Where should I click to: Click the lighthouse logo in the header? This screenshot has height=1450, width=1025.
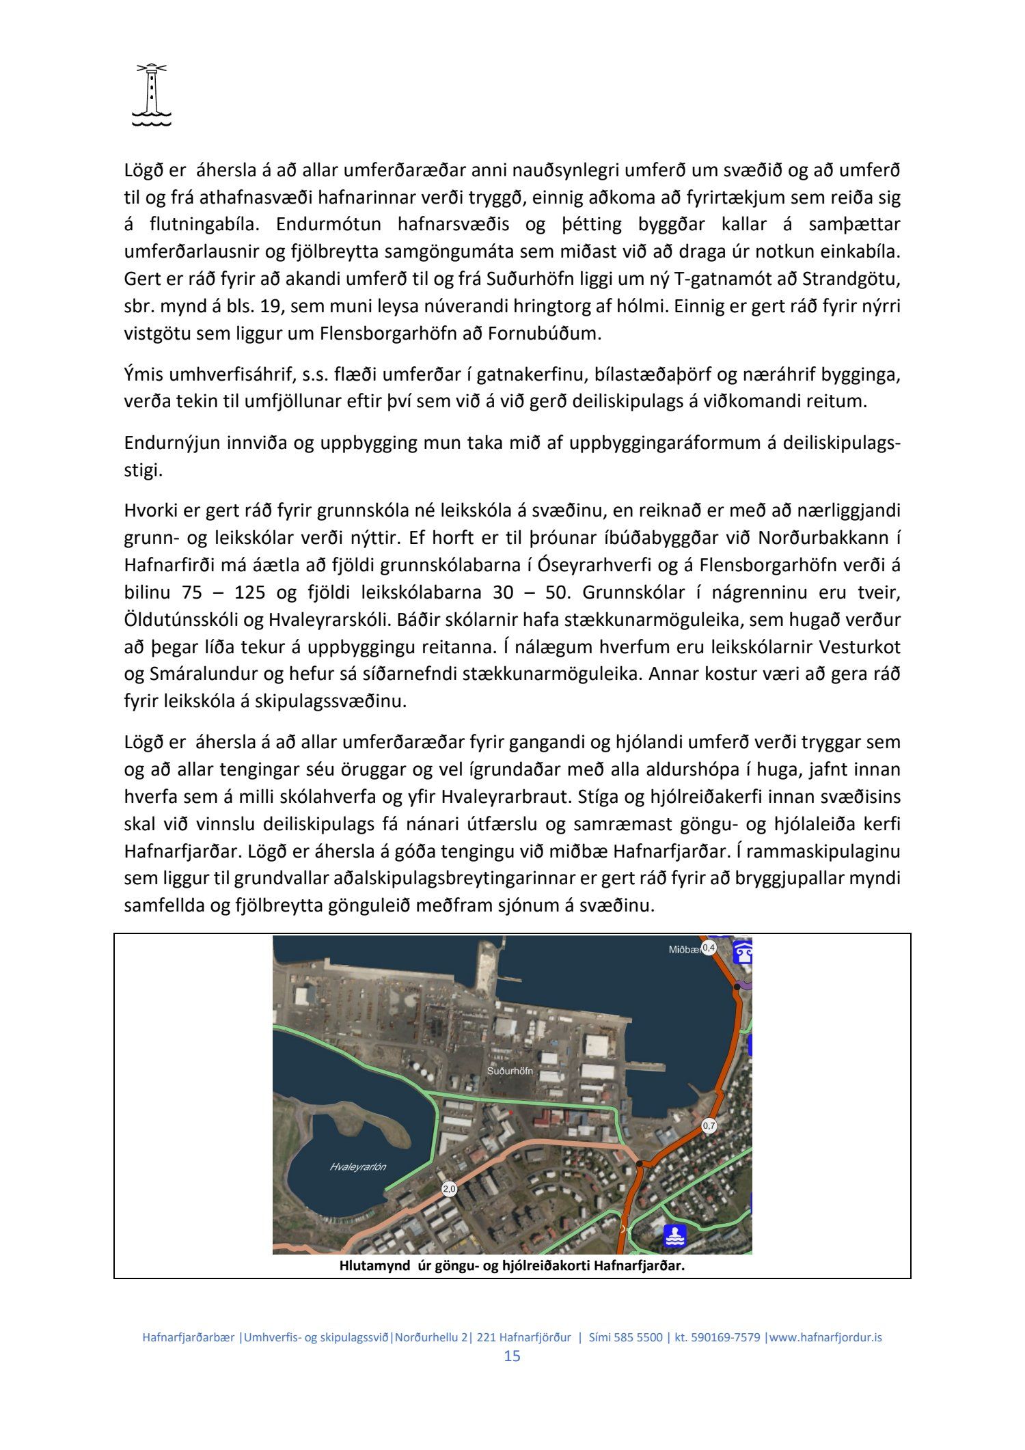151,95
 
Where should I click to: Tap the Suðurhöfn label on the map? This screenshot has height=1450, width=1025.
510,1071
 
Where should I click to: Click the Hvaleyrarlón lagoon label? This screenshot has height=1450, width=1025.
357,1166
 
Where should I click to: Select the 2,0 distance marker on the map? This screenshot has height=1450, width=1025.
449,1189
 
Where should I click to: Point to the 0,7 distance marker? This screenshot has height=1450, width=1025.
709,1125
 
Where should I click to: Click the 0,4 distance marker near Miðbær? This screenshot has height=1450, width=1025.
709,948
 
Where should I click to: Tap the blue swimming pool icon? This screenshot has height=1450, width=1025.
675,1235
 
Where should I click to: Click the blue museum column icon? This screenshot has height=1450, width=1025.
743,951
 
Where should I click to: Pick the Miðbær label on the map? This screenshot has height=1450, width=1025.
684,949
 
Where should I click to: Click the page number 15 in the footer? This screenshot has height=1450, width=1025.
512,1356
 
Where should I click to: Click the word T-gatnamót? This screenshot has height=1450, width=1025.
730,279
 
